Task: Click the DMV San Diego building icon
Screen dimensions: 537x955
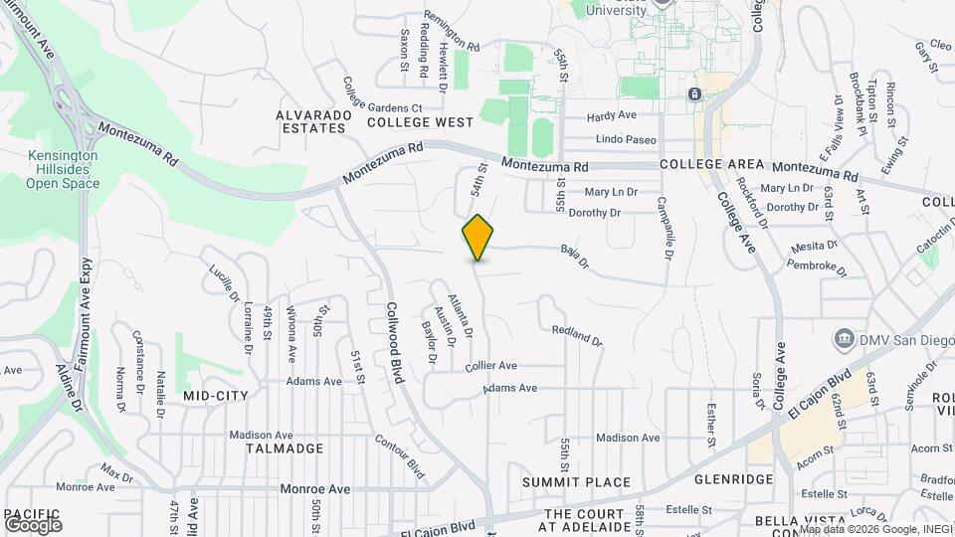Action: click(x=844, y=337)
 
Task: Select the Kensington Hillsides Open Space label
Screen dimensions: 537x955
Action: click(x=62, y=170)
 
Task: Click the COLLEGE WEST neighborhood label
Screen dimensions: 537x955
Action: click(x=420, y=122)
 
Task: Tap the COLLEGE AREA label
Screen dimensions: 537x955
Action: click(x=711, y=164)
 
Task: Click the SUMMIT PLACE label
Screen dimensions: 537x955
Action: click(x=577, y=482)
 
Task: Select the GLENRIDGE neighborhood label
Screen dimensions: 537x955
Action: click(x=734, y=479)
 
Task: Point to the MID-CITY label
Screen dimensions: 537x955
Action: click(x=216, y=396)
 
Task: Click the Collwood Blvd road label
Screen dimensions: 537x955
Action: click(x=397, y=343)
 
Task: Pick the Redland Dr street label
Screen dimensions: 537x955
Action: click(x=577, y=335)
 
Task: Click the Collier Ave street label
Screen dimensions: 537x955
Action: click(x=491, y=365)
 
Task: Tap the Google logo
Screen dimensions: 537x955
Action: click(x=33, y=523)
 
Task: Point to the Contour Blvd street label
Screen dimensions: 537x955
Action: click(x=401, y=452)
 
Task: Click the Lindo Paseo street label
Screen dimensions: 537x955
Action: click(x=626, y=140)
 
